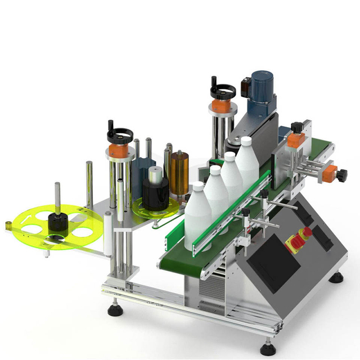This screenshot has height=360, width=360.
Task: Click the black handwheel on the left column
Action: pyautogui.click(x=120, y=136)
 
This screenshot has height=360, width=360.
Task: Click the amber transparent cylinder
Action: pyautogui.click(x=180, y=172)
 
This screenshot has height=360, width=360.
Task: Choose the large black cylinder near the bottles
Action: pyautogui.click(x=155, y=191)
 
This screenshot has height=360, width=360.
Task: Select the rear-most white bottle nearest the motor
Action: pyautogui.click(x=246, y=161)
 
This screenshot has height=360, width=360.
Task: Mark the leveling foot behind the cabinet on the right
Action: pyautogui.click(x=336, y=277)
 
